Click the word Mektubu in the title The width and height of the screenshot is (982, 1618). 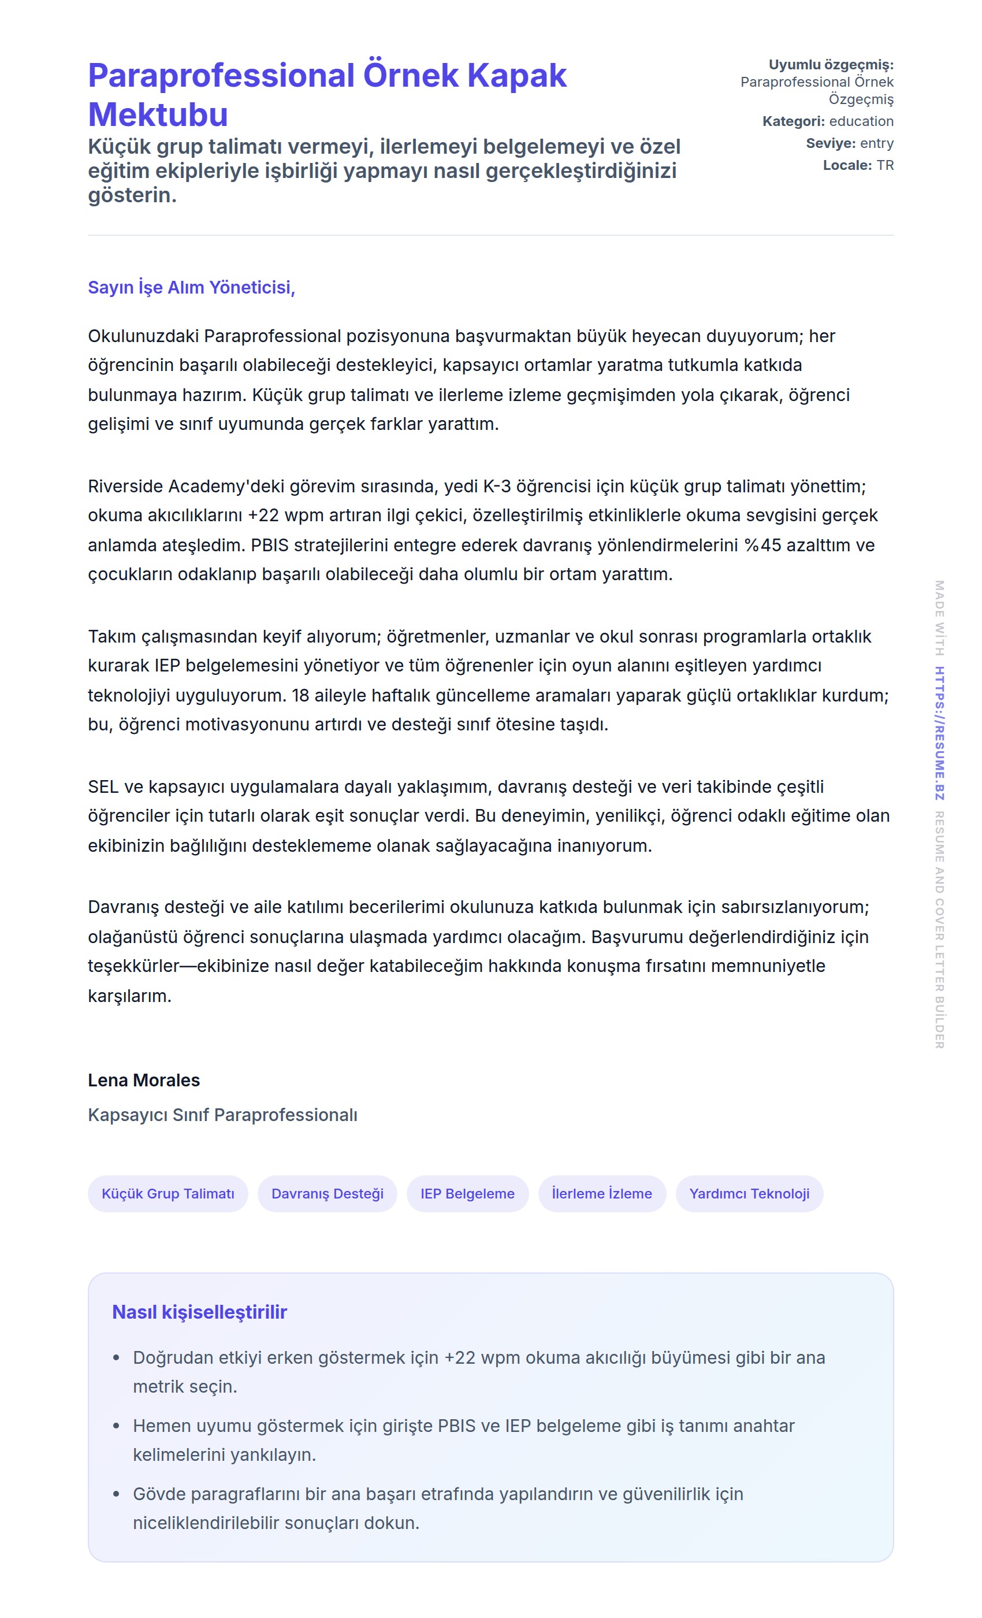158,115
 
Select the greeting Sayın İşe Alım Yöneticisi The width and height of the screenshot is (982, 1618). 191,288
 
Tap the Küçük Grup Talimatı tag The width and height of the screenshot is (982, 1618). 168,1194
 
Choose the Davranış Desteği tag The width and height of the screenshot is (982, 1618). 328,1194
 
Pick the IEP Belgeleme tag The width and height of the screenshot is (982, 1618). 467,1194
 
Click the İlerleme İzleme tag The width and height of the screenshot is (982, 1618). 602,1194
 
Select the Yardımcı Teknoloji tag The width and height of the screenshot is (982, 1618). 749,1194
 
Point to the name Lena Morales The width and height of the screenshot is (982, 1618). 144,1080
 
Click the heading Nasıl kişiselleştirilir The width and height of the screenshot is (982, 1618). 199,1312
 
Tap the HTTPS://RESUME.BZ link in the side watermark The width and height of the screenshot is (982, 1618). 939,733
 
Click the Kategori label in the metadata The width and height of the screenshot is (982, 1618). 793,121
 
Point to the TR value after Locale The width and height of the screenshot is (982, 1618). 885,165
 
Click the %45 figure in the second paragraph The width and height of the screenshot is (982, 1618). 762,545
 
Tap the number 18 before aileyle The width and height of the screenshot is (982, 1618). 300,695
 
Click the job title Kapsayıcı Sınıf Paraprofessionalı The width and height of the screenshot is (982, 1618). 222,1115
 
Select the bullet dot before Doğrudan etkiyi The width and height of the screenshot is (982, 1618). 117,1358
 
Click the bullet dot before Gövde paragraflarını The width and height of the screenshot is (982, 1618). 117,1494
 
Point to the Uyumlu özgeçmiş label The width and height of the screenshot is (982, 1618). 831,64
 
